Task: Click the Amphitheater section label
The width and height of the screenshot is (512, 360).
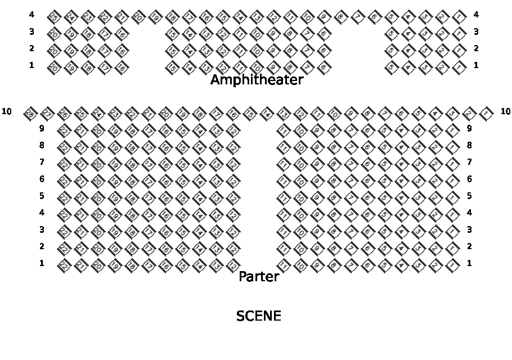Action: click(257, 80)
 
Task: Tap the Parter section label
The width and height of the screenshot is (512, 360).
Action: click(259, 277)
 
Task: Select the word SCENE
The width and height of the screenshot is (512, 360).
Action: click(258, 316)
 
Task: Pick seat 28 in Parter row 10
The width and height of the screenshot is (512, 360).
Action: click(30, 114)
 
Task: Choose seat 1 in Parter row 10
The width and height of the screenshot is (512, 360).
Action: click(487, 114)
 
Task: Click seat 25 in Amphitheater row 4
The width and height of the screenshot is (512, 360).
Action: click(53, 16)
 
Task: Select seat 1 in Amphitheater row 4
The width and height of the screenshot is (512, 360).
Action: click(460, 16)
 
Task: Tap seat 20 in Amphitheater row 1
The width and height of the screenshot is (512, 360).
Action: click(53, 68)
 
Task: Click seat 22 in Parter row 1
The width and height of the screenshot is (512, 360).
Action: click(63, 265)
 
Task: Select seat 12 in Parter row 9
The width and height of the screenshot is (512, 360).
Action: click(232, 130)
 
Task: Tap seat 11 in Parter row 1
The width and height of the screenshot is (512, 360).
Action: click(284, 265)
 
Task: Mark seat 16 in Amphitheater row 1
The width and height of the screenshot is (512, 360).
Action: click(121, 68)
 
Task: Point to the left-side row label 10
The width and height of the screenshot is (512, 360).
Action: click(7, 111)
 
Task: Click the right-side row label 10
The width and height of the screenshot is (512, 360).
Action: click(505, 111)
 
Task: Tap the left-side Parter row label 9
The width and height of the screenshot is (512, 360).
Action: click(42, 128)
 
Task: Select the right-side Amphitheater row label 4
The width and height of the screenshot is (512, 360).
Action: click(476, 14)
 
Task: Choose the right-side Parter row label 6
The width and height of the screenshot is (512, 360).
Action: click(469, 179)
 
